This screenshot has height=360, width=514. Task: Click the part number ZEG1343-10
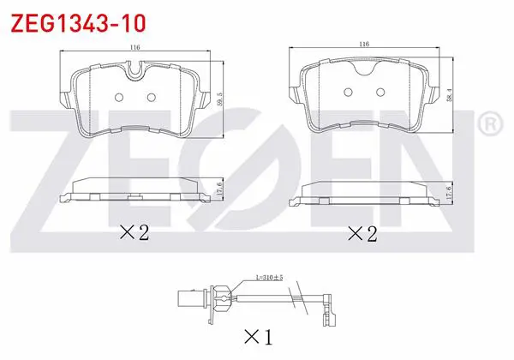(x=78, y=23)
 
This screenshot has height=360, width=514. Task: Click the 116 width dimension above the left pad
(x=134, y=47)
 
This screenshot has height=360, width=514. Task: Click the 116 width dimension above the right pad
(x=364, y=44)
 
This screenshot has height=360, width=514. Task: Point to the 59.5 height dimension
(x=219, y=99)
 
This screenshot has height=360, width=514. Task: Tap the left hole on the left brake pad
(x=119, y=97)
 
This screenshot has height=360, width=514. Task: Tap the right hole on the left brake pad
(x=151, y=97)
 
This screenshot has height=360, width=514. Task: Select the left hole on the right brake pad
(x=348, y=92)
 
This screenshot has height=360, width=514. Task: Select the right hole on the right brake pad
(x=380, y=92)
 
